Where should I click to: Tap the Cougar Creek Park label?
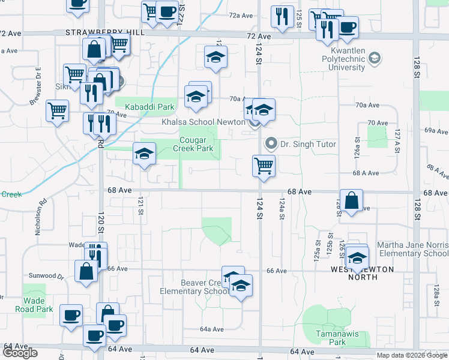click(193, 144)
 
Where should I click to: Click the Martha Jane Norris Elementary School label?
click(412, 249)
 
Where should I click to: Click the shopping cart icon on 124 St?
click(264, 166)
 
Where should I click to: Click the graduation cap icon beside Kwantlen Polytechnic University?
click(375, 58)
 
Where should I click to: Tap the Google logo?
click(20, 353)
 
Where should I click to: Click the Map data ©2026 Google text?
click(412, 355)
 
